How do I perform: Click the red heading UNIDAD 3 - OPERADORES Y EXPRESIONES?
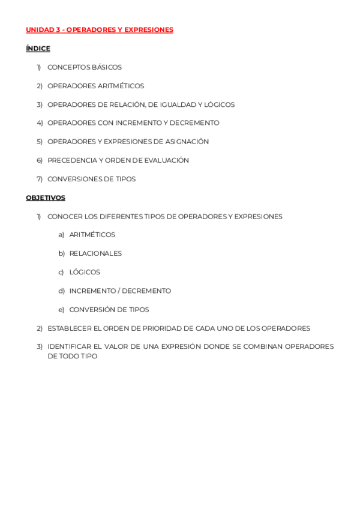click(x=100, y=30)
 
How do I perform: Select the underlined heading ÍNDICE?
click(x=38, y=49)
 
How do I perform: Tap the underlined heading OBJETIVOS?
click(x=46, y=198)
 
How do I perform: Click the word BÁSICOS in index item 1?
click(x=107, y=67)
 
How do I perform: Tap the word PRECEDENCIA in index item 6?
click(x=71, y=160)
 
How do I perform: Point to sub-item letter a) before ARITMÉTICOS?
click(x=61, y=235)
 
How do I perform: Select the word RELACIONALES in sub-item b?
click(x=95, y=253)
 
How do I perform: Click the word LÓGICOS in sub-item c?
click(x=85, y=272)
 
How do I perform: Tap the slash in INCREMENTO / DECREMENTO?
click(x=119, y=291)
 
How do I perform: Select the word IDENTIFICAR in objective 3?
click(x=69, y=346)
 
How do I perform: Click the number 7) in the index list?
click(x=40, y=179)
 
